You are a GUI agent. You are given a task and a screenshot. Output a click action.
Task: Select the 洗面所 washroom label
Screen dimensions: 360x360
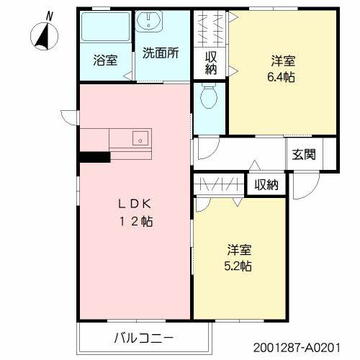point(160,53)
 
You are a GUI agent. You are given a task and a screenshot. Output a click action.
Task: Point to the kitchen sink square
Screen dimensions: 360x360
point(140,138)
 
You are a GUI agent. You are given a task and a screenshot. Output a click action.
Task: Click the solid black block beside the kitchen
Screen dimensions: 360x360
point(94,156)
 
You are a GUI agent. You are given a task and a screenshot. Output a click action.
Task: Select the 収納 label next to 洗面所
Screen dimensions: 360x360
point(211,63)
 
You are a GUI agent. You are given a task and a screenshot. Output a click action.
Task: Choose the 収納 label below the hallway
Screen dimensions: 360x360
point(266,184)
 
